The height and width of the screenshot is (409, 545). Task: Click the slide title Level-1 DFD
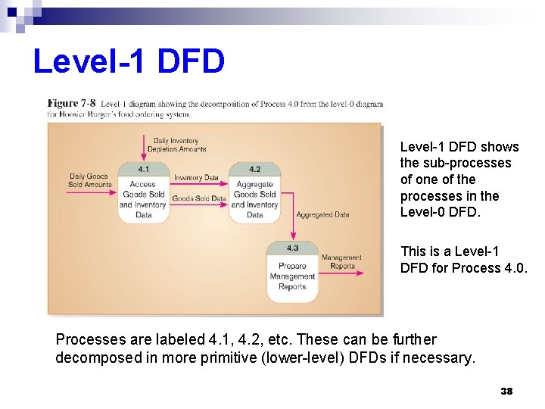click(x=129, y=61)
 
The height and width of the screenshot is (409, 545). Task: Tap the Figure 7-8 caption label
click(x=72, y=103)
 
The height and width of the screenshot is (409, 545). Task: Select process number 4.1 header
click(x=143, y=168)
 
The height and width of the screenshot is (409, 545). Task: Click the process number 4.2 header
click(x=254, y=169)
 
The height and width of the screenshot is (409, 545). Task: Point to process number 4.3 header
click(x=292, y=248)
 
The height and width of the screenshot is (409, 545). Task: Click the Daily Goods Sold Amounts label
click(x=89, y=180)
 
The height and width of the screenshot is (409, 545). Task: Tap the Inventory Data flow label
click(x=196, y=178)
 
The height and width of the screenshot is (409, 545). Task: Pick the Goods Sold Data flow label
click(x=199, y=198)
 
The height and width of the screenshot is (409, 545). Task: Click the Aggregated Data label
click(x=322, y=214)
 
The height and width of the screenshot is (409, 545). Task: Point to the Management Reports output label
click(x=341, y=262)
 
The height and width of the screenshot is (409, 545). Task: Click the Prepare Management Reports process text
click(x=292, y=276)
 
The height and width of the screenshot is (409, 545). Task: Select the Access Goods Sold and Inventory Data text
click(x=143, y=199)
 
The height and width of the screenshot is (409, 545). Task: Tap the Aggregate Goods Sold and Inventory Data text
click(x=254, y=199)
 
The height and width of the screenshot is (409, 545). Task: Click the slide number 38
click(x=506, y=391)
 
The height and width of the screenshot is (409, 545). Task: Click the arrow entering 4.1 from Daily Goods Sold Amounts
click(x=91, y=192)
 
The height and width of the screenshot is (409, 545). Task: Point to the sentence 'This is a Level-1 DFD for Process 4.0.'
click(x=462, y=259)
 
